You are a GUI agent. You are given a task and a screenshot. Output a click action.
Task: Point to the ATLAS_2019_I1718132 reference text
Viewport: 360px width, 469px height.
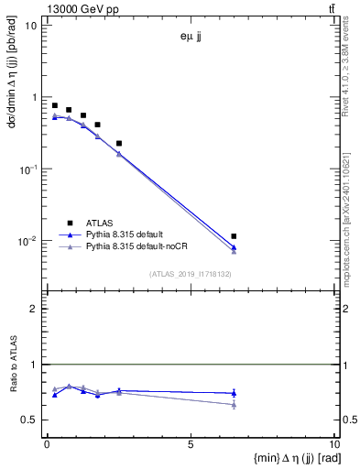(191, 273)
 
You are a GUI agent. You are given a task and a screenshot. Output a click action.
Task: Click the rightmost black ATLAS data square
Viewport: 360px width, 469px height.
(234, 236)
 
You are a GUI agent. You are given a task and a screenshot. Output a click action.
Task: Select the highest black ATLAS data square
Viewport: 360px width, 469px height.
(55, 105)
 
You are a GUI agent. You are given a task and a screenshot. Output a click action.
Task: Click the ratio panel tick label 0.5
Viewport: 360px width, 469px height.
(31, 420)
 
